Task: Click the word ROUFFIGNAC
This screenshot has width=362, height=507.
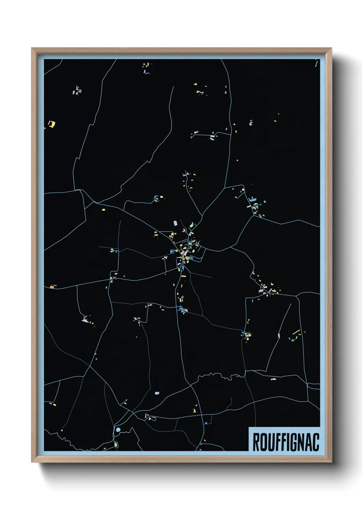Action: pos(286,442)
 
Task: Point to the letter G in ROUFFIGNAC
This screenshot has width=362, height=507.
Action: pos(295,442)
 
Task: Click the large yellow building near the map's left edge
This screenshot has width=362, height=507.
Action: pos(52,124)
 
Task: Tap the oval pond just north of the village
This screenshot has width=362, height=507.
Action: pos(176,223)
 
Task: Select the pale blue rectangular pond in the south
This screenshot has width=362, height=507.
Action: pos(157,393)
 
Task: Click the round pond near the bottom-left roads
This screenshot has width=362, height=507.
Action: pos(118,429)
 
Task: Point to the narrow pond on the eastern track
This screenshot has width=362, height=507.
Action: pos(279,335)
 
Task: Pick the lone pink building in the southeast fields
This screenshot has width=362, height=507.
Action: pos(273,379)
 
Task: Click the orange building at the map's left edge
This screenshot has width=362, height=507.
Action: pos(53,286)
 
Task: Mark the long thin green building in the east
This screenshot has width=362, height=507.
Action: pos(296,332)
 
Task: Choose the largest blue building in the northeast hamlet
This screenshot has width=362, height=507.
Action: pos(253,199)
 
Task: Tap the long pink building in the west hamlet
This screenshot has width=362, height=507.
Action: pos(85,321)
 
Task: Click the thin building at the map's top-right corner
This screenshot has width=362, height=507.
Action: pos(316,63)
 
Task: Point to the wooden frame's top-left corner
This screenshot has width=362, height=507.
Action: pos(32,49)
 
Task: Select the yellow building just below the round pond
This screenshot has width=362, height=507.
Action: pos(116,444)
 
